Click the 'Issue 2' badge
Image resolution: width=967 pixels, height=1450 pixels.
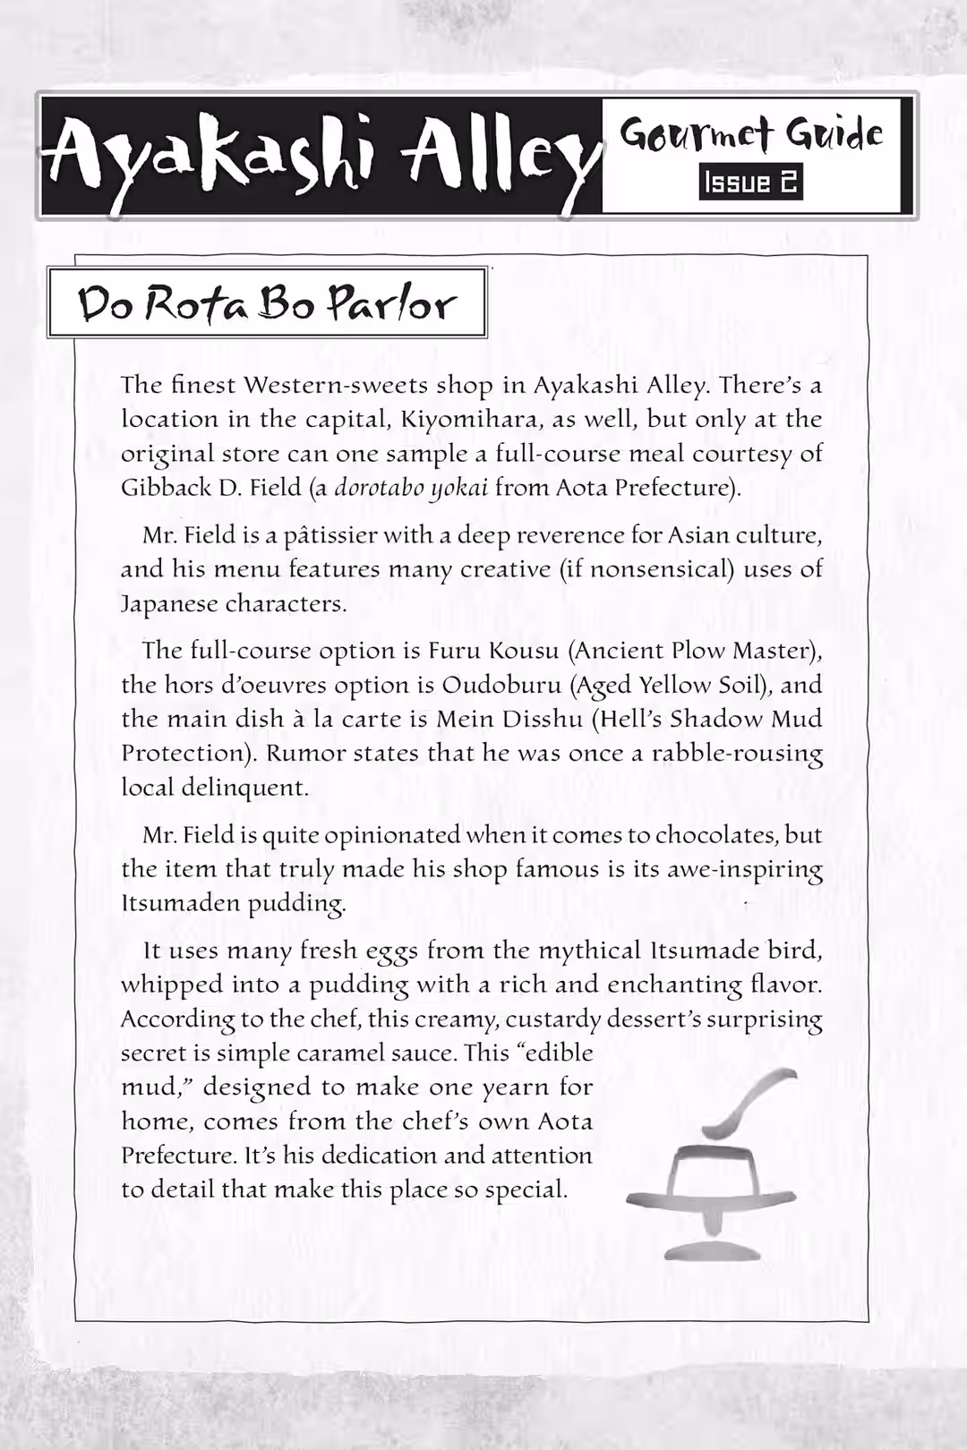[x=750, y=183]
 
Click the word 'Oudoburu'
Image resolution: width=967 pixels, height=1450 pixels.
[x=491, y=685]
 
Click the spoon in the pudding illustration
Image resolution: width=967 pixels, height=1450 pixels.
[x=750, y=1102]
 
